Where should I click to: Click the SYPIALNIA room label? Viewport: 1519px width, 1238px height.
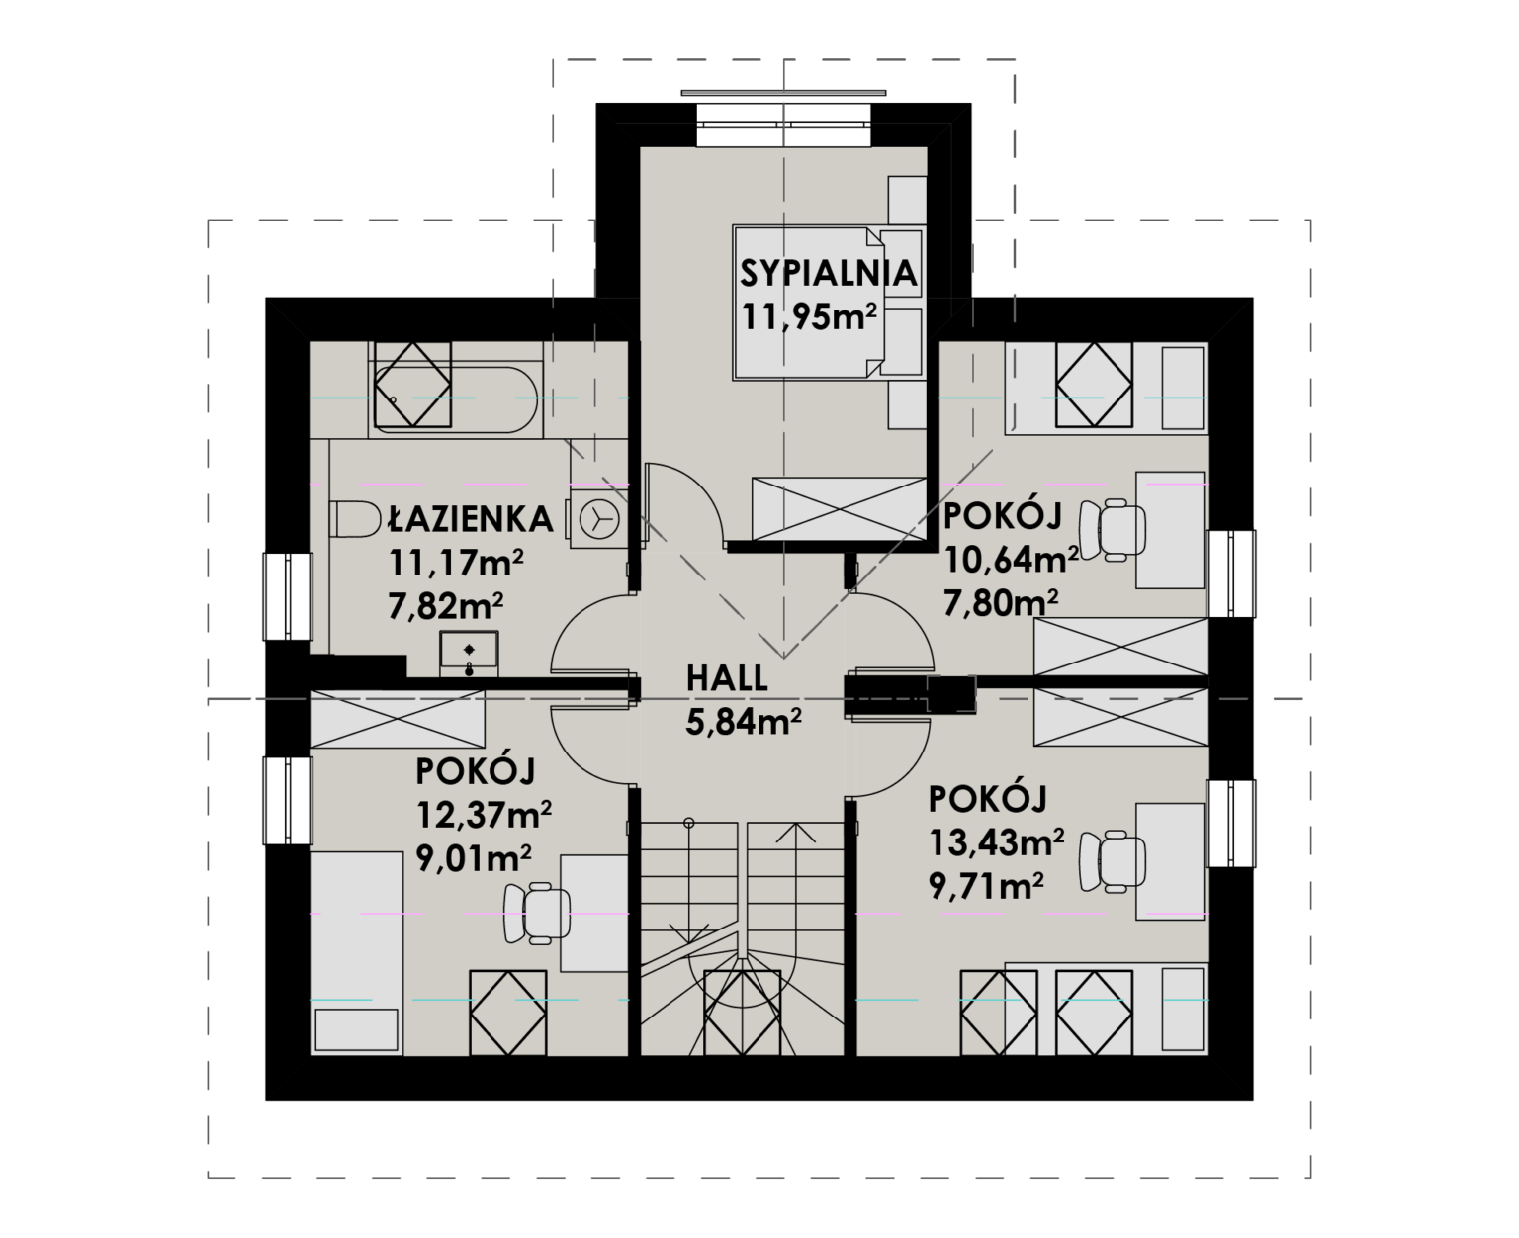[828, 274]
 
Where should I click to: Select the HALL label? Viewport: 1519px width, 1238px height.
[727, 679]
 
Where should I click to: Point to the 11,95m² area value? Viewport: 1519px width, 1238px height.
[809, 316]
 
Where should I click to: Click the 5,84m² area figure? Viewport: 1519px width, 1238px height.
[744, 722]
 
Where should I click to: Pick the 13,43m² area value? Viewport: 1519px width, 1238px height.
[996, 842]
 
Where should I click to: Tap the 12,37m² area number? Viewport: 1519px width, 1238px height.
[484, 815]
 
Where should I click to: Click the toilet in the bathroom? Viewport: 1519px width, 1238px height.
[355, 518]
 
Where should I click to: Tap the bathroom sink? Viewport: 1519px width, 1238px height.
[469, 654]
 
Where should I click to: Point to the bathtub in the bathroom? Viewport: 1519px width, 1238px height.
[454, 399]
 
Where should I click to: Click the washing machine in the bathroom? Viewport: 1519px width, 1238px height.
[598, 519]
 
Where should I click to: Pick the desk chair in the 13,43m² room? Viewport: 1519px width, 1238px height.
[1112, 860]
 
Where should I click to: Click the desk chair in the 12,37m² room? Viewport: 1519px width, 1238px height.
[537, 914]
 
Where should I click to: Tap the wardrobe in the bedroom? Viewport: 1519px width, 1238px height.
[840, 509]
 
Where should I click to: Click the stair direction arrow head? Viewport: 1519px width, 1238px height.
[796, 832]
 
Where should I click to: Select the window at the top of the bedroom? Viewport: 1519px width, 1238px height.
[784, 125]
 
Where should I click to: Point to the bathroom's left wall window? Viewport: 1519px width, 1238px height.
[288, 596]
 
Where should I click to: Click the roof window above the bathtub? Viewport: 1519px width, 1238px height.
[413, 385]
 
